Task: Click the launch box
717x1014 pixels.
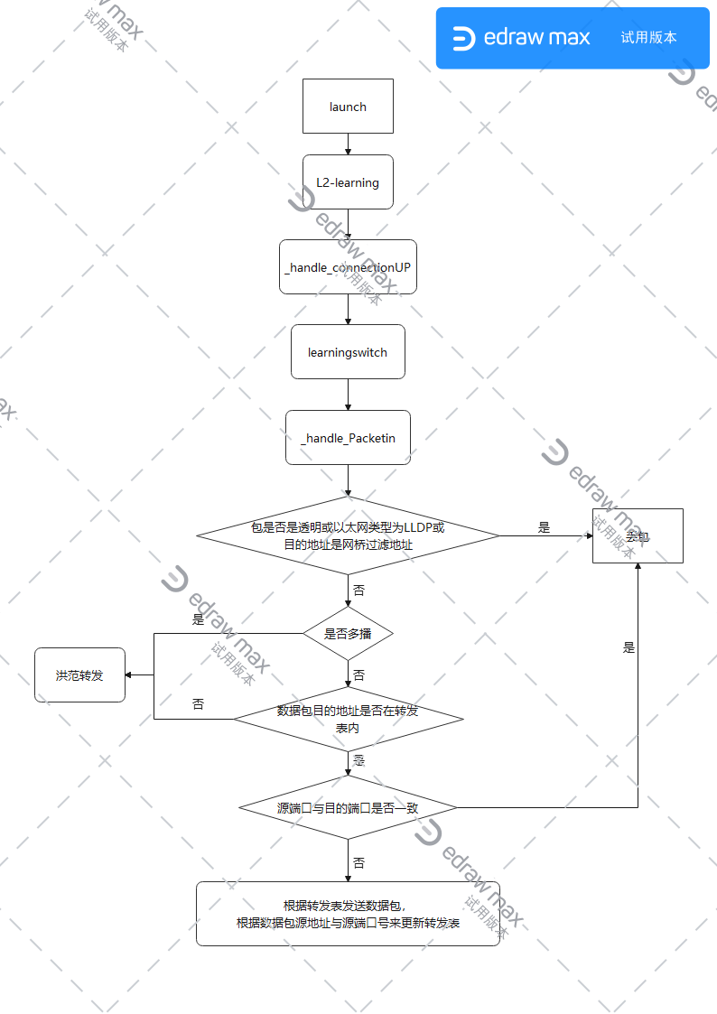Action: pos(348,107)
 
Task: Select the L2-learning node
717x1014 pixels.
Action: pos(348,182)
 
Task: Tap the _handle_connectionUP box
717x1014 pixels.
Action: pos(348,267)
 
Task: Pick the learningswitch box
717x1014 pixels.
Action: pos(348,352)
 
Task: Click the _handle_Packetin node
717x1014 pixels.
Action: pos(348,438)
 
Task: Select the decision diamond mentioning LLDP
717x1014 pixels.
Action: pos(348,535)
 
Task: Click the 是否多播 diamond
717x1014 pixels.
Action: pos(348,634)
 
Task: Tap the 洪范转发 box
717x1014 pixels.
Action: pos(79,675)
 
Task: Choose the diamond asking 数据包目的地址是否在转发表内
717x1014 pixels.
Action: pos(348,719)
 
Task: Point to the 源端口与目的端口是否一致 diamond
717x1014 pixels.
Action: pos(348,807)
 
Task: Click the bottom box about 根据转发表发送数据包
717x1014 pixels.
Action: pos(348,914)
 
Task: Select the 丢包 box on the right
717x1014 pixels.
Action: pos(638,535)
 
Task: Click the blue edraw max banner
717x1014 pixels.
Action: pos(573,38)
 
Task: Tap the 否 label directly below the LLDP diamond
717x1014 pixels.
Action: pos(359,591)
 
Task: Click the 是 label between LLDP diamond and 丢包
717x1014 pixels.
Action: pos(544,527)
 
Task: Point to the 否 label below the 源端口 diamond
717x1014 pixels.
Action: pos(359,863)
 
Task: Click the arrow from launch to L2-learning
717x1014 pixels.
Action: pos(348,144)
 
